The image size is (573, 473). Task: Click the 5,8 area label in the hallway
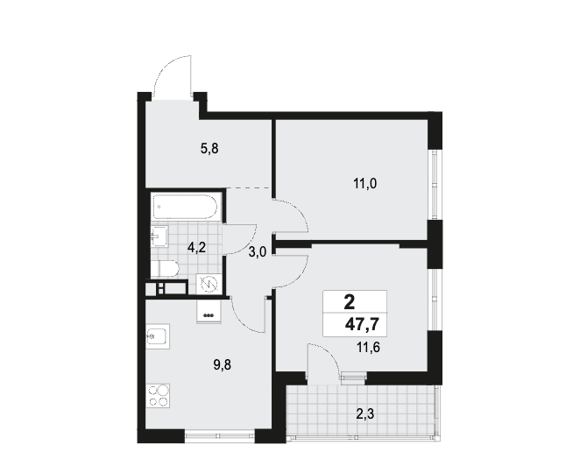coord(209,149)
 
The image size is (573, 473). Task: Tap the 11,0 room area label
coord(364,183)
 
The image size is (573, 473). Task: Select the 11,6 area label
coord(368,348)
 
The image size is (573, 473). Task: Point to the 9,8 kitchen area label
coord(223,364)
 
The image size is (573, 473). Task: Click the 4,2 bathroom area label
coord(196,248)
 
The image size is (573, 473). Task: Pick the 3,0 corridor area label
coord(258,252)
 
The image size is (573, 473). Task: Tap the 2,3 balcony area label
coord(365,414)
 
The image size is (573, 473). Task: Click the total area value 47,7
coord(361,324)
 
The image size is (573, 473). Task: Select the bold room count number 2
coord(350,302)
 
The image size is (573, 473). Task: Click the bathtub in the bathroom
coord(187,207)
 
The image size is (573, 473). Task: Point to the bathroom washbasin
coord(160,236)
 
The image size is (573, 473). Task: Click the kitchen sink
coord(158,336)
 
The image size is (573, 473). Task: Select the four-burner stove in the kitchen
coord(158,396)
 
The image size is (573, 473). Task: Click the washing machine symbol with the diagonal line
coord(208,284)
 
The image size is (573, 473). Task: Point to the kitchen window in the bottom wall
coord(219,435)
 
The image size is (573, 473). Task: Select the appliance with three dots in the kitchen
coord(209,311)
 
